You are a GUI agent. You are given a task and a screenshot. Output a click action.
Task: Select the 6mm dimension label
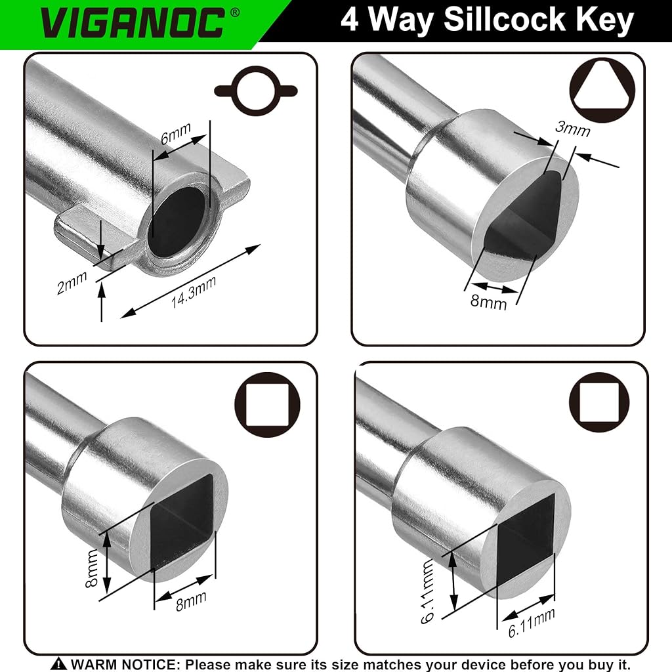176,133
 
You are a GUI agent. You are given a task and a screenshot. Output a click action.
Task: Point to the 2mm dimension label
72,282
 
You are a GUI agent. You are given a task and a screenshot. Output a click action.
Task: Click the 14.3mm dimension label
194,292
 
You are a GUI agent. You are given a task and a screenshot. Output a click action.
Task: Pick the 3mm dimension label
572,128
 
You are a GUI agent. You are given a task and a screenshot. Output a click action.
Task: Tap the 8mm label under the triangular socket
488,301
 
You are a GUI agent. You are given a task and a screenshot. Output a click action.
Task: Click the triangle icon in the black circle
602,91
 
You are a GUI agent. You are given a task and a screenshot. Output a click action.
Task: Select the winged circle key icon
256,91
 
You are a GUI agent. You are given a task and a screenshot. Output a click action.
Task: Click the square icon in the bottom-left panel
267,404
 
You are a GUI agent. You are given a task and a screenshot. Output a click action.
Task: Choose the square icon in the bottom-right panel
599,402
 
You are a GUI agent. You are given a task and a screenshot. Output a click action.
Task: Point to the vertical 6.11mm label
428,591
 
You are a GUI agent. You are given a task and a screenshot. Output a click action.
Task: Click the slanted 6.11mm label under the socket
532,623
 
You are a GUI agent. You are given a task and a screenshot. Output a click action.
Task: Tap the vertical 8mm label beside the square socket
92,569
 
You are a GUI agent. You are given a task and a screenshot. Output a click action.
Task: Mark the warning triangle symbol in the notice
58,664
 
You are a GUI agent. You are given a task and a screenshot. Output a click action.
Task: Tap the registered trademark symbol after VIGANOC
235,13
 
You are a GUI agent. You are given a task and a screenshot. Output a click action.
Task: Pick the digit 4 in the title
349,20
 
